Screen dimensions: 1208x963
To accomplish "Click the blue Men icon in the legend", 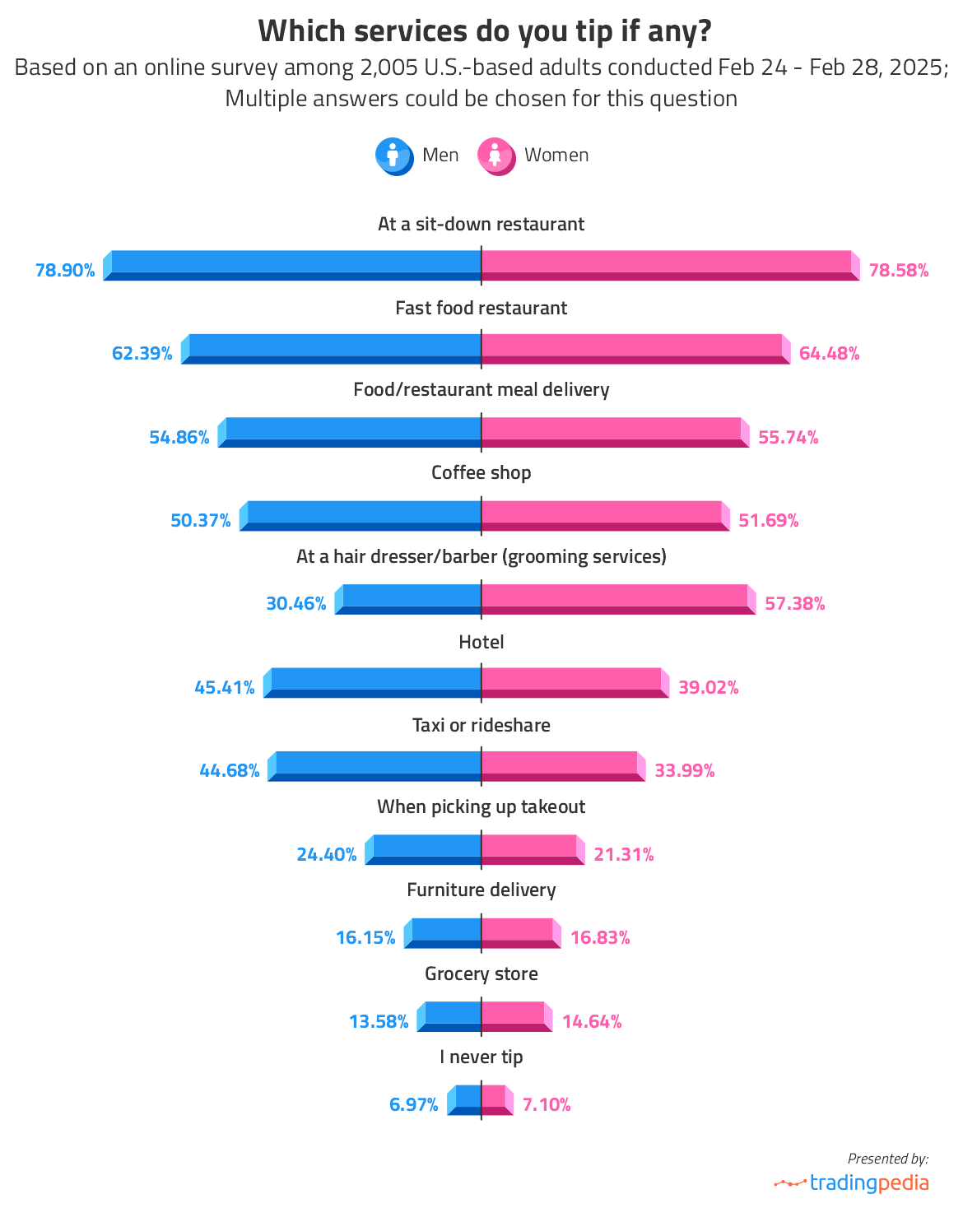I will (393, 156).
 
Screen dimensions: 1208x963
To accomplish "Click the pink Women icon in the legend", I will (495, 156).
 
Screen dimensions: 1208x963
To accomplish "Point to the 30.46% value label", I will (296, 604).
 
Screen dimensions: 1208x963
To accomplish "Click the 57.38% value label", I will (795, 604).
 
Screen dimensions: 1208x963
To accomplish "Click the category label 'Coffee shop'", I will (481, 473).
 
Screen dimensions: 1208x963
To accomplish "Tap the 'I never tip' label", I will (481, 1057).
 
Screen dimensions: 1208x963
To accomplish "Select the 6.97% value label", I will (414, 1104).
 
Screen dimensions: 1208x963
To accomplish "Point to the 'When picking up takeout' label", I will (481, 807).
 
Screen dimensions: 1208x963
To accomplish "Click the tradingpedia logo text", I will (868, 1183).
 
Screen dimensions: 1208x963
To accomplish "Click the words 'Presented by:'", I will (888, 1159).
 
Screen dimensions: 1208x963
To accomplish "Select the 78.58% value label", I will (899, 270).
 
